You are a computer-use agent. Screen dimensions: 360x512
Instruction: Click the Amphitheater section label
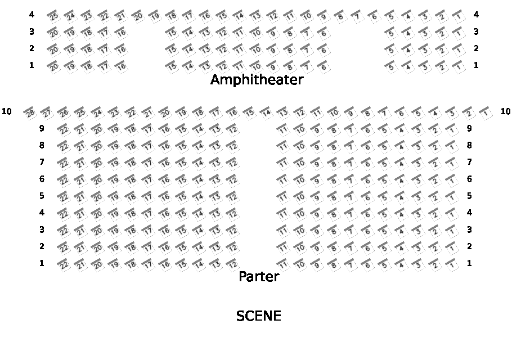pos(257,80)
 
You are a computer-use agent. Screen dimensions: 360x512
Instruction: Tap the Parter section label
pos(259,277)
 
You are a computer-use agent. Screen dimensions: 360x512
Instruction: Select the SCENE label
pos(258,316)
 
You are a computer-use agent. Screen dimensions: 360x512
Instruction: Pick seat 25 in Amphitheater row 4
pos(53,16)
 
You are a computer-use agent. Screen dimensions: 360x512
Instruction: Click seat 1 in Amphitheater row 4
pos(459,16)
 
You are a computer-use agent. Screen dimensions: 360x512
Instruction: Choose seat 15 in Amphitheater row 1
pos(172,67)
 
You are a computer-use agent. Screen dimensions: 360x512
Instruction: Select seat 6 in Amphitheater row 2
pos(324,50)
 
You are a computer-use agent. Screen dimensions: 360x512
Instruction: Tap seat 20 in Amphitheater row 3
pos(53,33)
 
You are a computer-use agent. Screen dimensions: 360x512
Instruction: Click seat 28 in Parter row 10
pos(30,113)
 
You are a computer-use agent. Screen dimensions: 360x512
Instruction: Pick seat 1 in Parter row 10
pos(486,113)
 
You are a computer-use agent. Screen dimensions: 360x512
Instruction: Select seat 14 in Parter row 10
pos(266,113)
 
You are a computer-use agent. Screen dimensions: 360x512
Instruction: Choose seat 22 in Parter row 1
pos(64,265)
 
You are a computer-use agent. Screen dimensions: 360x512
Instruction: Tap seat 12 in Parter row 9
pos(232,130)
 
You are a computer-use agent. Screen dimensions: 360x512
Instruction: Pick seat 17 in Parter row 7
pos(148,164)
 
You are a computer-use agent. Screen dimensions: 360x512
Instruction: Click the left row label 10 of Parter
pos(7,111)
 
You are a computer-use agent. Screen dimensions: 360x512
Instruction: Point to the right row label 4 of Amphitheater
pos(476,15)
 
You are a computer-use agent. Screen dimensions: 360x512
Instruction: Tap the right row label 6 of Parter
pos(469,179)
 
